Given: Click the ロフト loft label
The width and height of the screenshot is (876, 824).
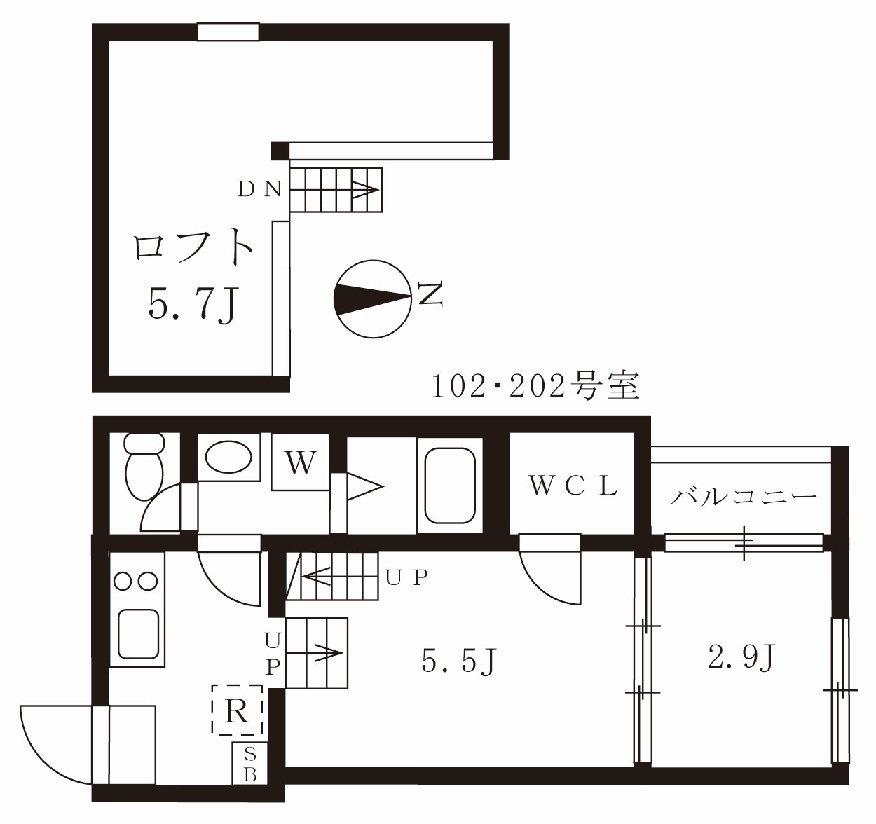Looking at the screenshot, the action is (193, 248).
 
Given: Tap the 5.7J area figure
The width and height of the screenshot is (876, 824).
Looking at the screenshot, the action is (193, 305).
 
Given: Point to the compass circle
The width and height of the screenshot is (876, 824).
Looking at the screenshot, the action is (373, 299).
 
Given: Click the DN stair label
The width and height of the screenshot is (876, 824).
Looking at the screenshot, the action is (259, 190).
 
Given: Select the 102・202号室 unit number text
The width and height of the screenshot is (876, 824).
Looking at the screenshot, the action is (535, 386).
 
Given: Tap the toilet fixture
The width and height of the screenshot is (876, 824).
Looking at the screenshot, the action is (144, 467).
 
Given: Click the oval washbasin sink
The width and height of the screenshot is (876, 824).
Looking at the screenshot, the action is (228, 457).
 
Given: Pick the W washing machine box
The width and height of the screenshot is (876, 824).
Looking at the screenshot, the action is (301, 462).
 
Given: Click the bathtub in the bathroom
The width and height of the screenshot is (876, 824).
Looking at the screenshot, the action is (449, 486).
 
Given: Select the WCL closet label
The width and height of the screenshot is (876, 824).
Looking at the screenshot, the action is (573, 486).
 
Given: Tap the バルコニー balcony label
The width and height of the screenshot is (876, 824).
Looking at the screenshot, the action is (744, 498).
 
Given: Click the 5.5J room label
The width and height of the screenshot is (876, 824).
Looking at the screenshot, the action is (459, 660).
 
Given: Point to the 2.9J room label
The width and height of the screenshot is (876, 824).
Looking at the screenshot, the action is (741, 657).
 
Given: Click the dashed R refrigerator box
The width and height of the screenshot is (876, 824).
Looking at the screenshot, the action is (238, 710).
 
